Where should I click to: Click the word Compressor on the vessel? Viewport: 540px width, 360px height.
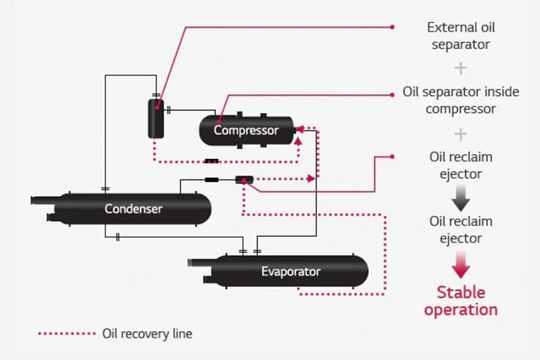246,130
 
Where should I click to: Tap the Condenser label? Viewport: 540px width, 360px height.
134,209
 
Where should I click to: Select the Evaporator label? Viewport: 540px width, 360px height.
290,271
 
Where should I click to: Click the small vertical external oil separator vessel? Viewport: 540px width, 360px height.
155,118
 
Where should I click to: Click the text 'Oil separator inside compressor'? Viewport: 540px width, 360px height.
461,101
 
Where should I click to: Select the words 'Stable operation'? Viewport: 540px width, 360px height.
461,300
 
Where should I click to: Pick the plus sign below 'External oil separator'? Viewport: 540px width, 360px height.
461,68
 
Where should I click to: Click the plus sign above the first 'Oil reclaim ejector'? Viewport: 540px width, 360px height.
461,134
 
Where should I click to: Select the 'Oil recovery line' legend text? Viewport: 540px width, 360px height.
147,333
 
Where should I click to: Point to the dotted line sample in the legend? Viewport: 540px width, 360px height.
66,333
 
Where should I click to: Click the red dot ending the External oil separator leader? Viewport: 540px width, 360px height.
392,27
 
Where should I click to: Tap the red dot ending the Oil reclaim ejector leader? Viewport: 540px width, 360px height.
392,156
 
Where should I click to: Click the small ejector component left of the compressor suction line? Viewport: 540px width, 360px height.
244,180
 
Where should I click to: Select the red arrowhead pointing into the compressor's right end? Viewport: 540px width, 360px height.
298,129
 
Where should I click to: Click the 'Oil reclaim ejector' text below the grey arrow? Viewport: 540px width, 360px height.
461,230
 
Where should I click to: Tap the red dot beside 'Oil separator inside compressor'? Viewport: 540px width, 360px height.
392,93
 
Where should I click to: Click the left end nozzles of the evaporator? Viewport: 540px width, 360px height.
200,271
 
